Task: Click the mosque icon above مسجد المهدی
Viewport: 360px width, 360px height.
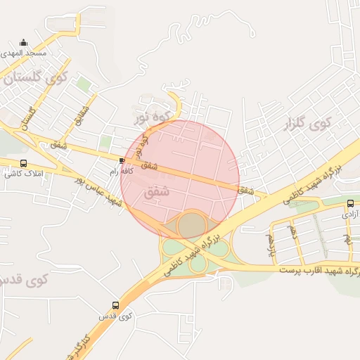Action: [24, 42]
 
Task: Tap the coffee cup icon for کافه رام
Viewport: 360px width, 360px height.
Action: [122, 161]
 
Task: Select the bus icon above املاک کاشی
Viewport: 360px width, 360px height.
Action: [24, 163]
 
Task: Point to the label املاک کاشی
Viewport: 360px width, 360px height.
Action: [25, 173]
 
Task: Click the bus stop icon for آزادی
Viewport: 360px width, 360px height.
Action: [351, 204]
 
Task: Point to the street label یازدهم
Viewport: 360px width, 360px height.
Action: [270, 245]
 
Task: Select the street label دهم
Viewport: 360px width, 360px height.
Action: [293, 231]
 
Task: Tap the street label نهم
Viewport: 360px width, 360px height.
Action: [347, 239]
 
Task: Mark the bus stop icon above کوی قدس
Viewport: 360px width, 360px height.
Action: [116, 305]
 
